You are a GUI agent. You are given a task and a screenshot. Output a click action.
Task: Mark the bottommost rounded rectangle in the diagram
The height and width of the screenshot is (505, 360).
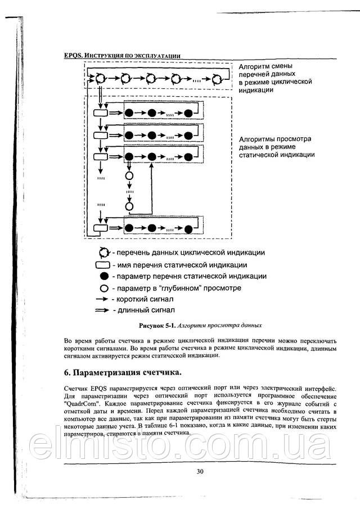point(101,228)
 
